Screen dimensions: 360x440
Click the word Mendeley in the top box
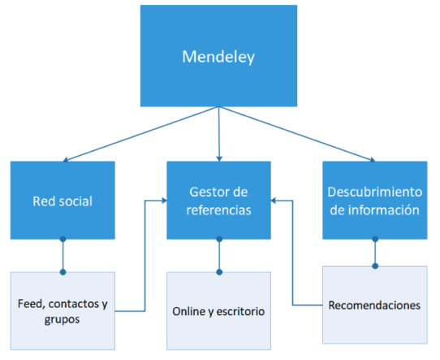219,58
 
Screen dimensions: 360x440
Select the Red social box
63,201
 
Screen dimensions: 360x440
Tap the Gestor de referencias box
219,201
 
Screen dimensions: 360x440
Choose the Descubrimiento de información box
374,201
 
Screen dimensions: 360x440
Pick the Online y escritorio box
219,311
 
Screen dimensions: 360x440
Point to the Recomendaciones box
374,306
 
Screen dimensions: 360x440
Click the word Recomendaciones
374,306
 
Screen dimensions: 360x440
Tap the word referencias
219,210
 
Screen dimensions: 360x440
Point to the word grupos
63,319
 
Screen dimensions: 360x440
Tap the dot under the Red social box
63,241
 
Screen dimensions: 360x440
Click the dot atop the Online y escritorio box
219,271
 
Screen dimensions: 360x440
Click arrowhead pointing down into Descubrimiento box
371,158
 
